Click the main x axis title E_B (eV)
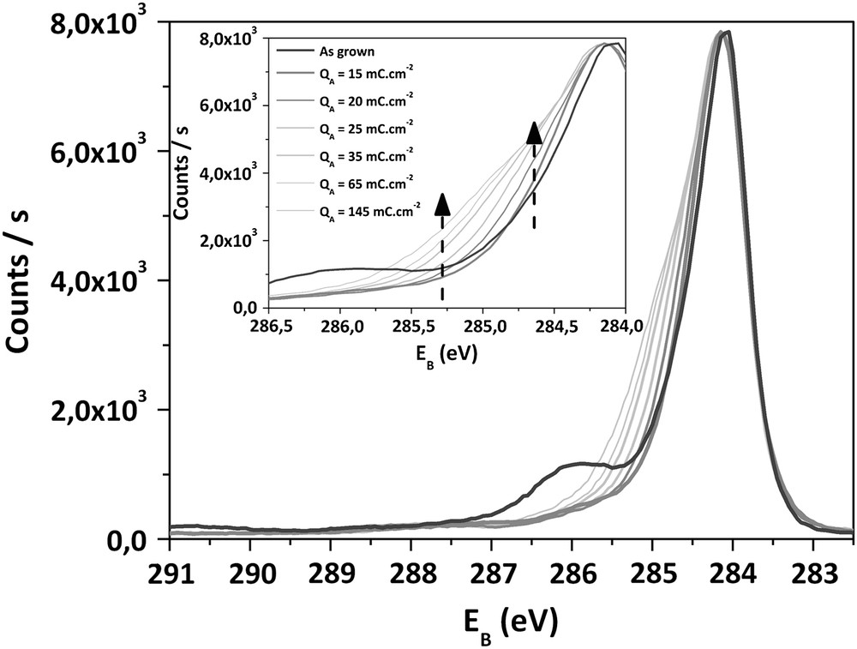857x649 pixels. click(x=512, y=619)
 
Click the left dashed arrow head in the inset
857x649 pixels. click(x=442, y=204)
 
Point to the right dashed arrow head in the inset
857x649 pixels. click(x=534, y=131)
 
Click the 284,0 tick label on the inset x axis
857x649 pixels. click(x=624, y=327)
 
